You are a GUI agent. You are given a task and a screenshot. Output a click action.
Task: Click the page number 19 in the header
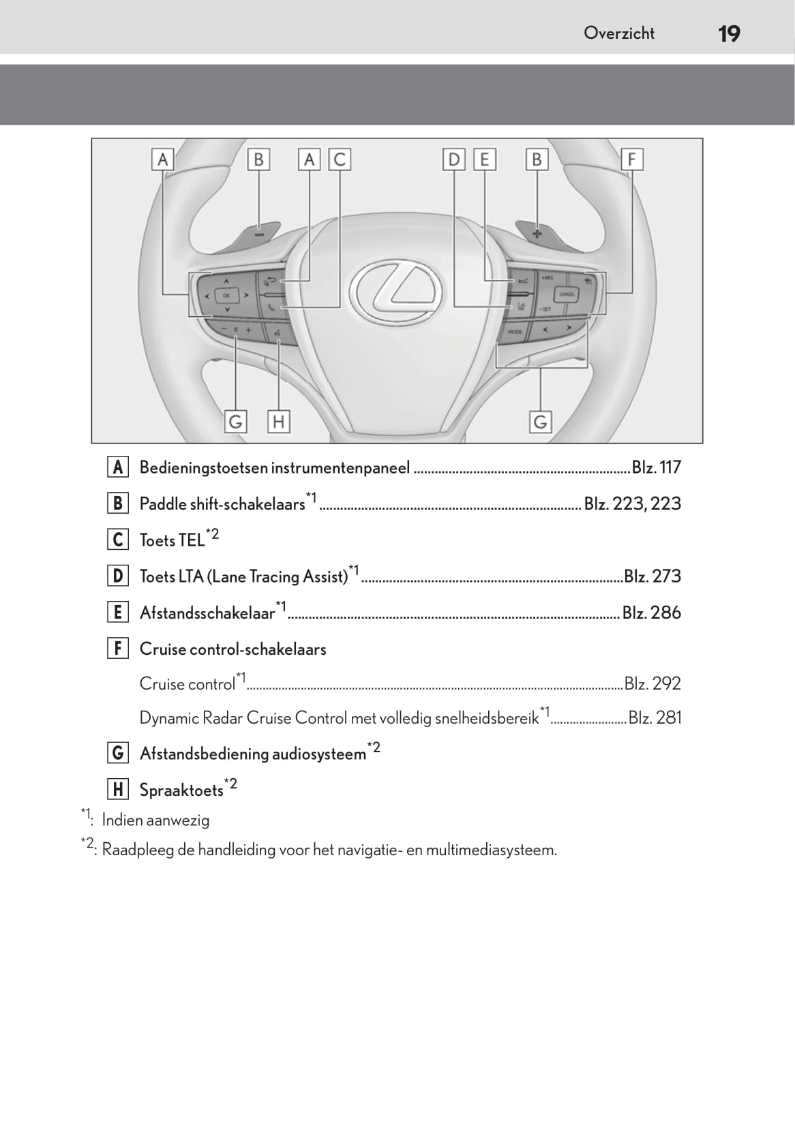(x=729, y=33)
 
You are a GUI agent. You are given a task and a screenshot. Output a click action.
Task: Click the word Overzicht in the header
(x=618, y=33)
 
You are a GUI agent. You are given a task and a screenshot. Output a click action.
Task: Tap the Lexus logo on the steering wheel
(x=395, y=292)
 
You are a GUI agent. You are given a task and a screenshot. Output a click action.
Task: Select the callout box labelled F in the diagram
(x=631, y=159)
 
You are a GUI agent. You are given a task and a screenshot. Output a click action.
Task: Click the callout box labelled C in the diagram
(x=340, y=159)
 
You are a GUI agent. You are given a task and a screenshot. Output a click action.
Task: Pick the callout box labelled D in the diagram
(x=453, y=159)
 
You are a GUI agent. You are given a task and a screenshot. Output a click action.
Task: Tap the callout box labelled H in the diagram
(x=278, y=422)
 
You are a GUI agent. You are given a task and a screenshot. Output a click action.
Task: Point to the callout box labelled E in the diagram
(x=484, y=159)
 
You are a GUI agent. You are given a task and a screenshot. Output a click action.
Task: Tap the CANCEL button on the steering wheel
(x=567, y=294)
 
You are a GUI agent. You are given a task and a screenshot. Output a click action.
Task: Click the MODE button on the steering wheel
(x=514, y=332)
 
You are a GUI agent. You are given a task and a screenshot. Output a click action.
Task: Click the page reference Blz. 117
(x=656, y=467)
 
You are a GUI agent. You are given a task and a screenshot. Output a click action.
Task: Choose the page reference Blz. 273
(x=652, y=576)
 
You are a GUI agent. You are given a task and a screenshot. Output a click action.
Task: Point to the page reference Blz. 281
(x=655, y=717)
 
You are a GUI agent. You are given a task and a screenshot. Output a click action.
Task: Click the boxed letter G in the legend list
(x=118, y=753)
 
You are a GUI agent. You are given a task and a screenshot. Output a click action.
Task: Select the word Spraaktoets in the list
(x=181, y=790)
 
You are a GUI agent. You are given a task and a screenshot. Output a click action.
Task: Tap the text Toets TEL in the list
(x=172, y=540)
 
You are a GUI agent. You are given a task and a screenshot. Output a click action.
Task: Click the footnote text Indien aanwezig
(x=155, y=820)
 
